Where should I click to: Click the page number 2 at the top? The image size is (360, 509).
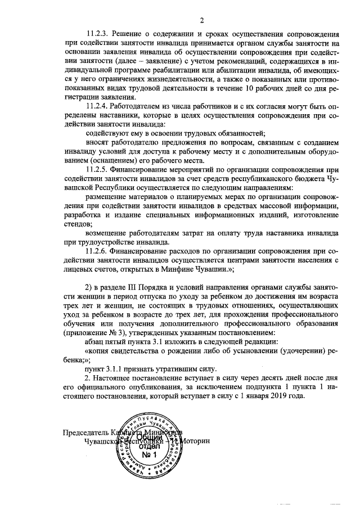pyautogui.click(x=201, y=21)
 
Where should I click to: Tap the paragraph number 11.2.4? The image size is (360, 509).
pyautogui.click(x=99, y=106)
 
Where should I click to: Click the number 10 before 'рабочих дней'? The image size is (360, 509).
pyautogui.click(x=250, y=88)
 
